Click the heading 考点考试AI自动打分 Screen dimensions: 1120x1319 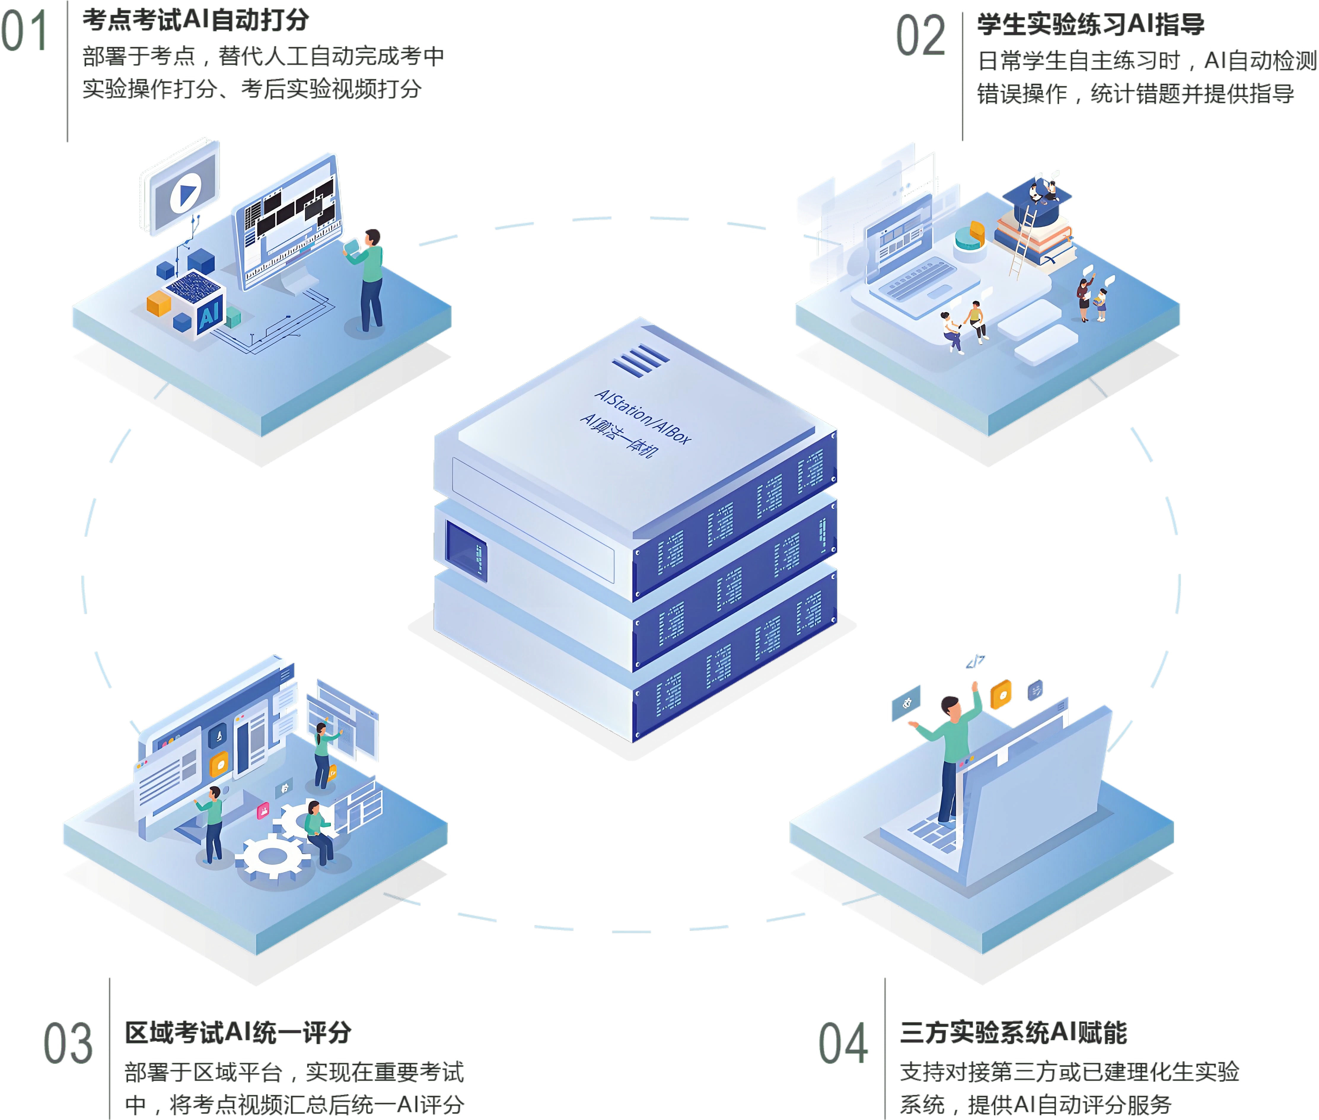tap(195, 20)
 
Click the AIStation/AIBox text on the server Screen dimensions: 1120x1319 tap(642, 416)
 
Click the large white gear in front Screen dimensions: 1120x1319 tap(273, 857)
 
